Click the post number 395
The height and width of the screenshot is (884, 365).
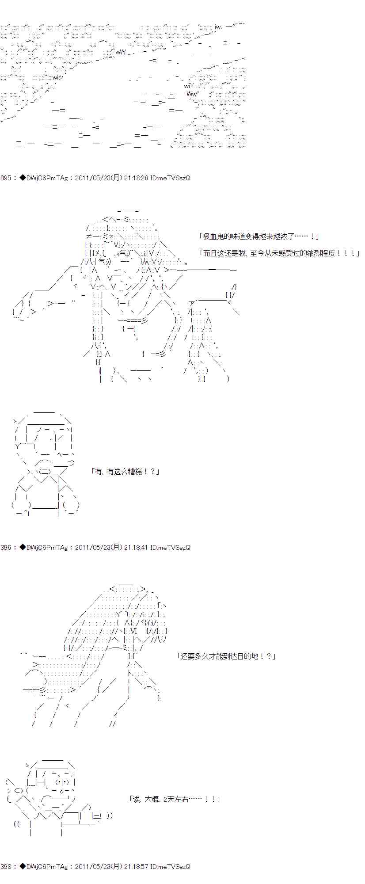pos(6,178)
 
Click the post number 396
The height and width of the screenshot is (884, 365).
pos(6,547)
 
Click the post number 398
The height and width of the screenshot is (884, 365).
pos(6,867)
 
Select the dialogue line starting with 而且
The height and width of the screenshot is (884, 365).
pos(279,253)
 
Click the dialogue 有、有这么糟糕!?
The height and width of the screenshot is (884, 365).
pos(125,472)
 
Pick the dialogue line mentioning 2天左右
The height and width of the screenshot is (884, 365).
pos(175,799)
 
